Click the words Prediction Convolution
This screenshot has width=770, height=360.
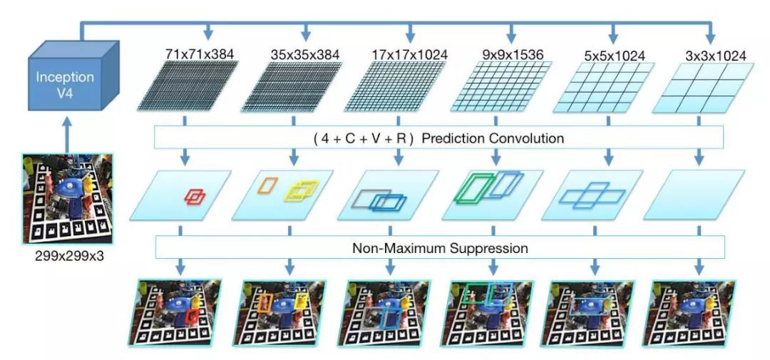[x=493, y=138]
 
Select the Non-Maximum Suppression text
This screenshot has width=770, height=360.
[x=439, y=249]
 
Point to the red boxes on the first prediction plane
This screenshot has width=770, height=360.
[x=195, y=195]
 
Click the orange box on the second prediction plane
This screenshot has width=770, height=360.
[x=268, y=185]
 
